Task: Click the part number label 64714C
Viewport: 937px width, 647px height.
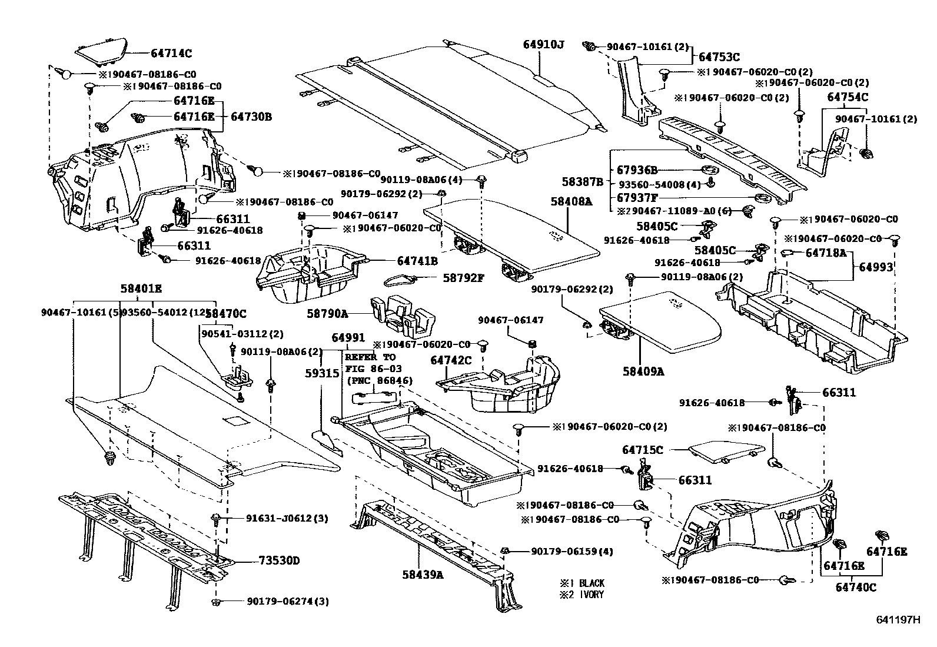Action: [171, 54]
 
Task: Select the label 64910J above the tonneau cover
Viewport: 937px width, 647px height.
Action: [544, 44]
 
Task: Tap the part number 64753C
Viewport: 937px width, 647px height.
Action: [719, 57]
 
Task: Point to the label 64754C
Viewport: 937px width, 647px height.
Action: [848, 97]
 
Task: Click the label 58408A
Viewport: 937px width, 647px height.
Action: [571, 202]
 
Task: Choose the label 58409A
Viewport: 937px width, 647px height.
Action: [643, 371]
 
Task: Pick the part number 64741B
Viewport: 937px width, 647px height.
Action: [417, 260]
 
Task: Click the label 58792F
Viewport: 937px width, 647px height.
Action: [463, 277]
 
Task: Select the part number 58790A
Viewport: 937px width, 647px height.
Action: [327, 314]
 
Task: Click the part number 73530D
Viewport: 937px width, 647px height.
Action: [279, 560]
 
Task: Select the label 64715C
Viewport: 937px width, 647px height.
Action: [643, 450]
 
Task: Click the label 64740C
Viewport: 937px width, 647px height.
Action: [856, 587]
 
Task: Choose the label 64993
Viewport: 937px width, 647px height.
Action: [876, 267]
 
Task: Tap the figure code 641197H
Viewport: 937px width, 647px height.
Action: [898, 619]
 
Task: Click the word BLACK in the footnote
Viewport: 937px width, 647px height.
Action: [592, 583]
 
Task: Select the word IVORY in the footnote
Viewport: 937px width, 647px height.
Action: [591, 595]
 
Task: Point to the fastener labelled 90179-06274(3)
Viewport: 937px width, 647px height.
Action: [215, 602]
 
